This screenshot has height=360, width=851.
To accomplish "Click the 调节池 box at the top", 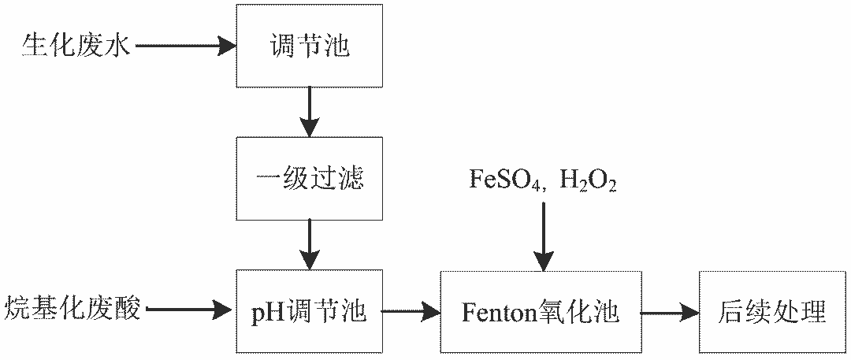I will [x=310, y=46].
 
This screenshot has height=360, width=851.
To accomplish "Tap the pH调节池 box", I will [x=310, y=312].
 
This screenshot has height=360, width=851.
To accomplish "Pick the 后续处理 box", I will [x=772, y=312].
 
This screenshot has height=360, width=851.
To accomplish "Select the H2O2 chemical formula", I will [x=588, y=181].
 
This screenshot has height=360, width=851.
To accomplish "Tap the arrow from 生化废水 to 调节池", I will [x=186, y=46].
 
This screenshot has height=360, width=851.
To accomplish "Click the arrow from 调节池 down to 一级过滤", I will [x=310, y=111].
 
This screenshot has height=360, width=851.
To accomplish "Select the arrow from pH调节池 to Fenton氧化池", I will [x=411, y=312].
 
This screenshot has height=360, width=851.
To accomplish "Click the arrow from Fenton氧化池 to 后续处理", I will [x=669, y=312].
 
